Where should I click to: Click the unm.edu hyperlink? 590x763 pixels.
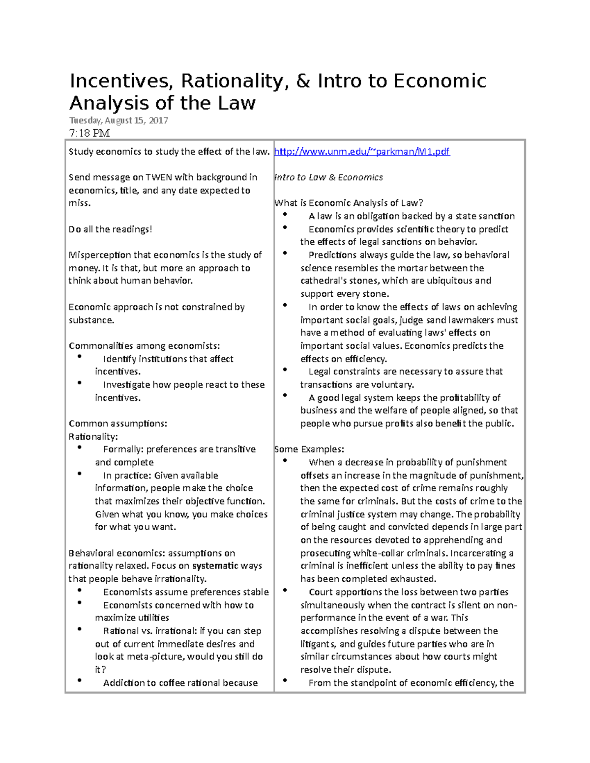point(361,152)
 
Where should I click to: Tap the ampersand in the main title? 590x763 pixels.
point(303,81)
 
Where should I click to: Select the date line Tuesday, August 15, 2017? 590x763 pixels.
point(118,120)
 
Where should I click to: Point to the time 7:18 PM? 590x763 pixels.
point(89,133)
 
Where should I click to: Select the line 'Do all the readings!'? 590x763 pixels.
point(110,229)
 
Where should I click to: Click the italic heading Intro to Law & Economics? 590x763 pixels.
point(328,177)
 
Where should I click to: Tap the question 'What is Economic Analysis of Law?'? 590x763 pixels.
point(348,203)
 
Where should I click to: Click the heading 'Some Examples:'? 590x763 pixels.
point(309,449)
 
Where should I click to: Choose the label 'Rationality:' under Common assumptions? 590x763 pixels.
point(93,436)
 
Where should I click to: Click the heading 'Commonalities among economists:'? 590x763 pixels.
point(144,346)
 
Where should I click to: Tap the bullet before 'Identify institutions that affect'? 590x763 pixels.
point(80,357)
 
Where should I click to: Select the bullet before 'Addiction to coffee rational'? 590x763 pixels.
point(80,681)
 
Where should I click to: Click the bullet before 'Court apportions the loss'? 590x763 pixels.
point(285,590)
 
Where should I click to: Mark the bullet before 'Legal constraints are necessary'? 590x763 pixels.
point(285,370)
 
